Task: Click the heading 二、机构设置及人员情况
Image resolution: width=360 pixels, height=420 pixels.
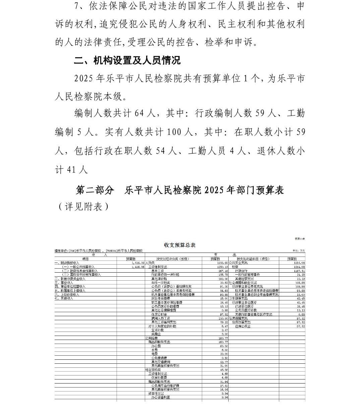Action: point(127,61)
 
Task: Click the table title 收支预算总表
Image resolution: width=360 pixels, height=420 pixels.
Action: point(180,245)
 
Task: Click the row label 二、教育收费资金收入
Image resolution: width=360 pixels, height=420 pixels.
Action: point(70,279)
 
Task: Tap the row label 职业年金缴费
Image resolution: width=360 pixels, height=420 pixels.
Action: point(161,298)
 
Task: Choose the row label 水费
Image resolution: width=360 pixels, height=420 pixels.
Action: point(154,350)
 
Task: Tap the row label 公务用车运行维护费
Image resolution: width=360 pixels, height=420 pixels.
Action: point(165,386)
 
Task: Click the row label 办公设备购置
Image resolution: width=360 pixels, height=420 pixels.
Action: point(161,398)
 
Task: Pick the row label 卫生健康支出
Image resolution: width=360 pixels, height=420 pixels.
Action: point(238,298)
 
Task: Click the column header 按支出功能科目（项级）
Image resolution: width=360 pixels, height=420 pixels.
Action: point(253,259)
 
